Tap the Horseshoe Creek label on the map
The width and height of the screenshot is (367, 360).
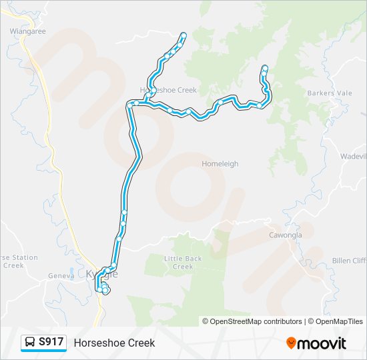[168, 90]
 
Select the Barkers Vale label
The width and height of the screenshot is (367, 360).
[330, 93]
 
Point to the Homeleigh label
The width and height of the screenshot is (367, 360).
[220, 163]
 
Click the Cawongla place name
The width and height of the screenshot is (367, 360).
[286, 235]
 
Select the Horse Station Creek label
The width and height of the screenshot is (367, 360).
[18, 261]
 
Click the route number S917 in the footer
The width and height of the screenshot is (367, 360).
[51, 342]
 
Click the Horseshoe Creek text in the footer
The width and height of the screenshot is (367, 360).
[114, 343]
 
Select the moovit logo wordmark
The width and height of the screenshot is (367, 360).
[322, 343]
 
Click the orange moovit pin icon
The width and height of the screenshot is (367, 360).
[291, 343]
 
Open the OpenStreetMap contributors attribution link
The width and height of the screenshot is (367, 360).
[256, 321]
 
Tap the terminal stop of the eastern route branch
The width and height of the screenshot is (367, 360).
[265, 67]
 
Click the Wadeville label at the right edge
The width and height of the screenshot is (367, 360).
[354, 156]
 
